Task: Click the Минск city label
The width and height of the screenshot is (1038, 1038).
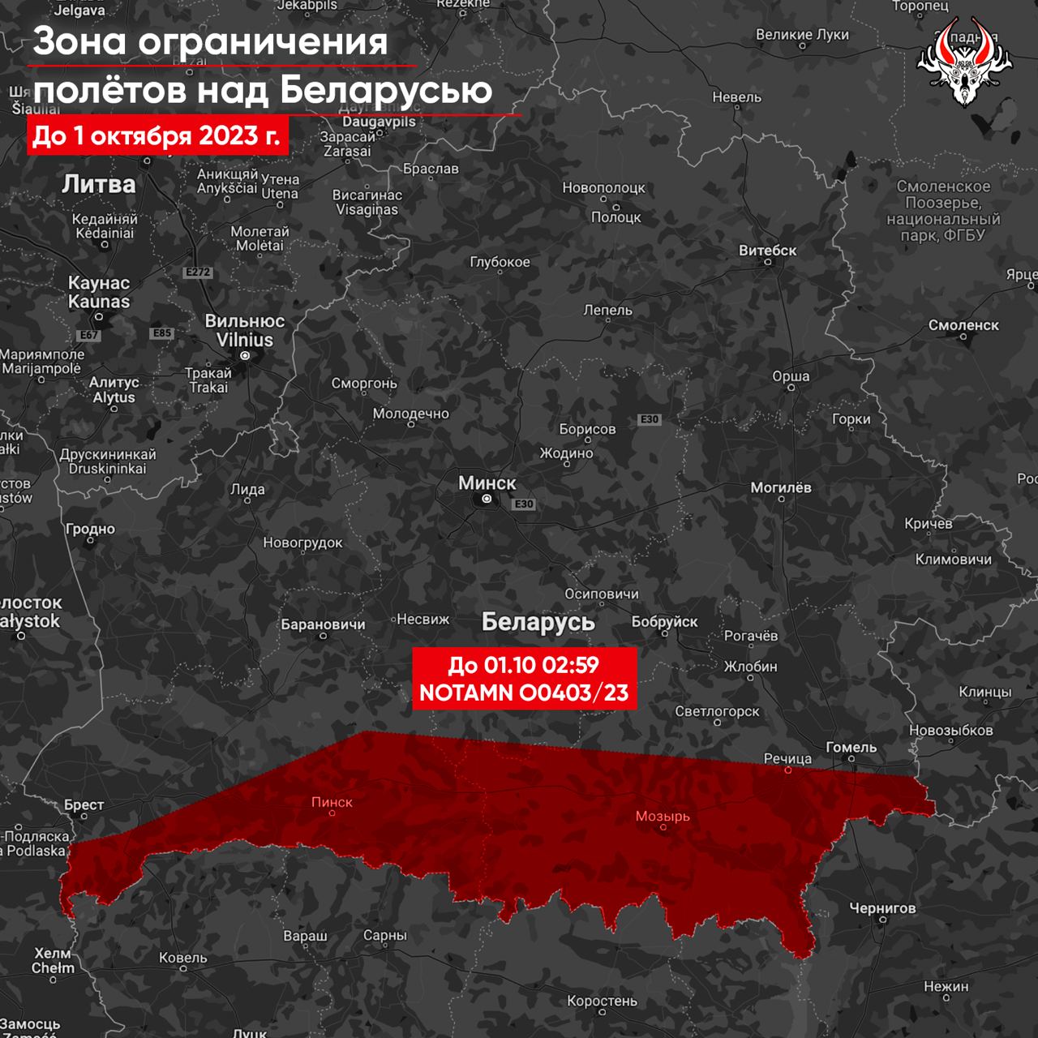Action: pyautogui.click(x=487, y=483)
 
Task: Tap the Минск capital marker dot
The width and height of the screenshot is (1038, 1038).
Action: pyautogui.click(x=487, y=500)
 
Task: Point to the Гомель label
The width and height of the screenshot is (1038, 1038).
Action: pyautogui.click(x=851, y=748)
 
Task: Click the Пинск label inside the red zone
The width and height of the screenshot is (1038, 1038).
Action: pyautogui.click(x=332, y=802)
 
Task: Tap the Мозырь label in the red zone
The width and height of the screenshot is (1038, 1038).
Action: pyautogui.click(x=663, y=816)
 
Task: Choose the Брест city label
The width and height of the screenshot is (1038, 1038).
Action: pyautogui.click(x=84, y=805)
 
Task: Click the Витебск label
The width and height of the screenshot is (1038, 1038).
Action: pyautogui.click(x=767, y=251)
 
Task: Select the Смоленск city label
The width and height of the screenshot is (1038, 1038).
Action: pyautogui.click(x=963, y=325)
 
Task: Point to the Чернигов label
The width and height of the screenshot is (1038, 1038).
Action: pyautogui.click(x=882, y=908)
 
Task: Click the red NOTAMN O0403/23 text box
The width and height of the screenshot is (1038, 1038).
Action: pyautogui.click(x=524, y=679)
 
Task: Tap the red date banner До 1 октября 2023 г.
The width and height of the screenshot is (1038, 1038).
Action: pyautogui.click(x=157, y=135)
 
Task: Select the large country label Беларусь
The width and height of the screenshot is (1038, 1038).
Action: pyautogui.click(x=538, y=622)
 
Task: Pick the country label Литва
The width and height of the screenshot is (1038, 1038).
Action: pyautogui.click(x=99, y=184)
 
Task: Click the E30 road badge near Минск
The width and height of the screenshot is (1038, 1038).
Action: pyautogui.click(x=524, y=504)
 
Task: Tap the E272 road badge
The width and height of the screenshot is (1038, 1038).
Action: pyautogui.click(x=198, y=272)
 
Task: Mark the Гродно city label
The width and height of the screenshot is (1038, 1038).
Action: pyautogui.click(x=91, y=530)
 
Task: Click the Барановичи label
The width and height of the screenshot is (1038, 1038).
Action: pyautogui.click(x=323, y=624)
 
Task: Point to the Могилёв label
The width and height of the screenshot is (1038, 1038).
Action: pyautogui.click(x=780, y=488)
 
